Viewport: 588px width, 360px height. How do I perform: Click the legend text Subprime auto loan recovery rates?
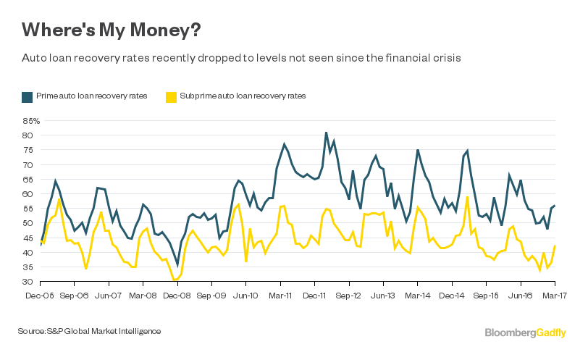[x=242, y=96]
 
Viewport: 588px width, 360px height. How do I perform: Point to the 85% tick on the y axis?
[x=32, y=120]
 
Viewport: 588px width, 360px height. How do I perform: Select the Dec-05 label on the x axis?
[x=39, y=296]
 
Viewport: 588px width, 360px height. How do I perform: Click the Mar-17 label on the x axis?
[x=554, y=296]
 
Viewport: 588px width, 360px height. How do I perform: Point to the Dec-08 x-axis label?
[x=177, y=296]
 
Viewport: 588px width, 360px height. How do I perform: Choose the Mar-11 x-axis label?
[x=280, y=296]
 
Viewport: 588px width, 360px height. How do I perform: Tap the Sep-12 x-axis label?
[x=349, y=296]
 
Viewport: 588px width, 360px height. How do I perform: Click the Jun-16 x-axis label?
[x=521, y=296]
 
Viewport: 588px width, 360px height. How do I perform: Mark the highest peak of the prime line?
[x=327, y=133]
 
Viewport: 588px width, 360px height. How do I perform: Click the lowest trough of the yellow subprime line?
[x=175, y=280]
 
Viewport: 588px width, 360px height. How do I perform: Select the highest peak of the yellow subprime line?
[x=468, y=197]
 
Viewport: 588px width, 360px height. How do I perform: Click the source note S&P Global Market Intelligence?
[x=89, y=331]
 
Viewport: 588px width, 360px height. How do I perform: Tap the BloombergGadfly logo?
[x=525, y=332]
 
